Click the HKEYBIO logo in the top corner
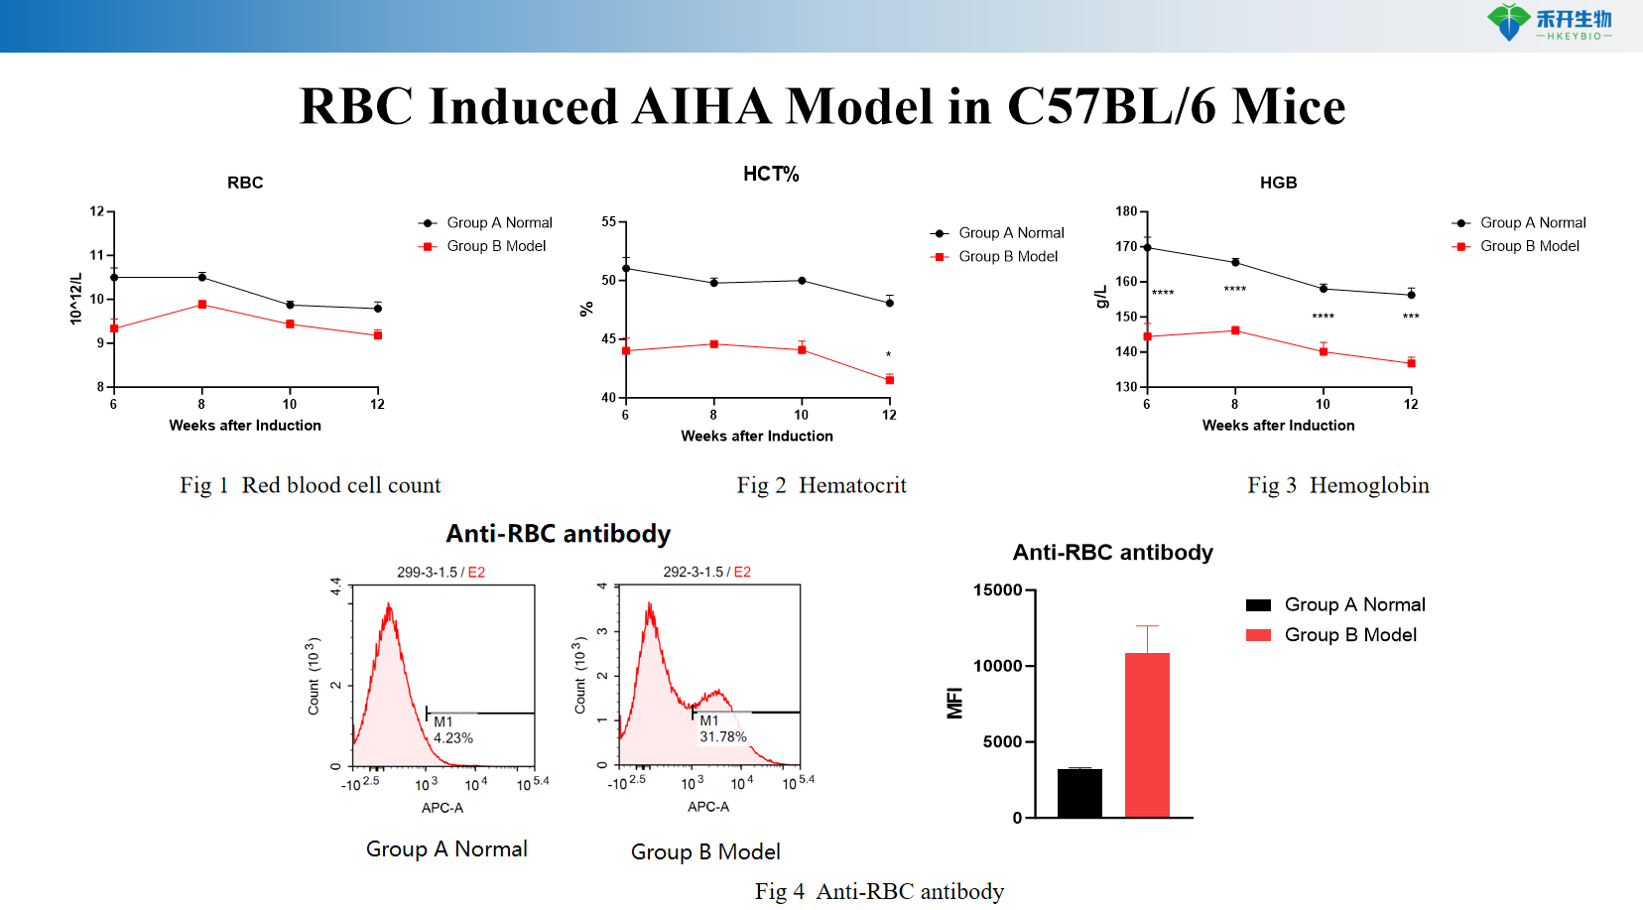1549,23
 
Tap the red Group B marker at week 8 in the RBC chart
202,305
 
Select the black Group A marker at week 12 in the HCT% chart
889,303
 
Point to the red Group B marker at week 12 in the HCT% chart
889,380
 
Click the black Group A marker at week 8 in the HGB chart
1235,262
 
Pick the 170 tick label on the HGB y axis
1126,246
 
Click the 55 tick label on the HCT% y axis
608,221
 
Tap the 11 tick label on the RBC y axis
96,255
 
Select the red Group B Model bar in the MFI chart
1147,734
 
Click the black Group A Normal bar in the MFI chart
1079,792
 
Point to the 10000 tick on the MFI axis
998,666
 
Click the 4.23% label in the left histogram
453,738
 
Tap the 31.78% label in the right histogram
722,737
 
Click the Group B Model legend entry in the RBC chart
496,246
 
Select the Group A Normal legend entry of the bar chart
1353,604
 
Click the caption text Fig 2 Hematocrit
821,485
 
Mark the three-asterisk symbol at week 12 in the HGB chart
1411,317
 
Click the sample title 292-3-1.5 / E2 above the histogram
706,573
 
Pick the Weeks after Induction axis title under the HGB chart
1278,426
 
